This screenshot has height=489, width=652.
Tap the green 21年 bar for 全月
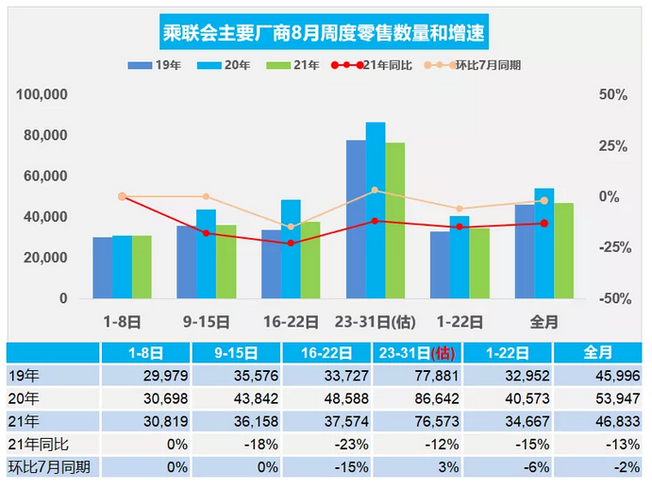pos(563,250)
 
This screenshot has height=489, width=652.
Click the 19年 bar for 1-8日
pos(103,267)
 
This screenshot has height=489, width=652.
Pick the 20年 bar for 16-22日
pos(291,248)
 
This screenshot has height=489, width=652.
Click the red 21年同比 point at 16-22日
pos(291,243)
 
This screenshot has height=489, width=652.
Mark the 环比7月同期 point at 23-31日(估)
pos(375,191)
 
